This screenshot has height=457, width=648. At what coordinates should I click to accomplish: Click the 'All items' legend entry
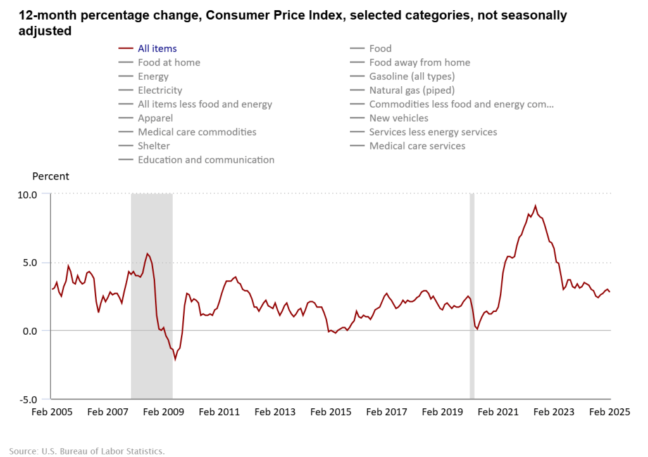[157, 48]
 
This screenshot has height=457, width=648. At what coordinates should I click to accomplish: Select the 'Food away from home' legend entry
[420, 62]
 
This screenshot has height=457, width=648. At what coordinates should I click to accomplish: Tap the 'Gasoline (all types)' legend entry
[412, 76]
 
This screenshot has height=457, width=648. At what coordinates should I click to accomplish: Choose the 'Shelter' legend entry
[154, 146]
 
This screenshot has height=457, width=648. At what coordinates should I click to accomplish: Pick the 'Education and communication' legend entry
[206, 160]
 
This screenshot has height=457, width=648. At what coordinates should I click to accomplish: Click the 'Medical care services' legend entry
[417, 146]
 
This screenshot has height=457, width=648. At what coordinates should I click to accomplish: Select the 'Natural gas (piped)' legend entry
[412, 90]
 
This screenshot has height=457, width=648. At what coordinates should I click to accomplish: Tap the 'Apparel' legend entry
[155, 118]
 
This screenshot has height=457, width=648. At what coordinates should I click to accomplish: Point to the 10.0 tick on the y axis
[27, 194]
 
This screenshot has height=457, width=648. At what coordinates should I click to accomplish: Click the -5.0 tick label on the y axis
[27, 399]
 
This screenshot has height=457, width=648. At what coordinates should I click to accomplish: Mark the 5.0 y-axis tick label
[29, 262]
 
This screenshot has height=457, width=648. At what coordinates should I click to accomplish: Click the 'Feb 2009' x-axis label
[163, 412]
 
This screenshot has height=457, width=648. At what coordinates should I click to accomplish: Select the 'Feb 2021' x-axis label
[499, 412]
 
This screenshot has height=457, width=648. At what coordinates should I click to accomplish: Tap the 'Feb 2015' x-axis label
[331, 412]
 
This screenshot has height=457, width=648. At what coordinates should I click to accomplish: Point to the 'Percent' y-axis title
[51, 176]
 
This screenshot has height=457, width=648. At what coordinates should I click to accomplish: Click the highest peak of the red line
[535, 205]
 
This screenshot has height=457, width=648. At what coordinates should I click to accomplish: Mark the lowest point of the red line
[175, 359]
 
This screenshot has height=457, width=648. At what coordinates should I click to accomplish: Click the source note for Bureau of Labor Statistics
[87, 451]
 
